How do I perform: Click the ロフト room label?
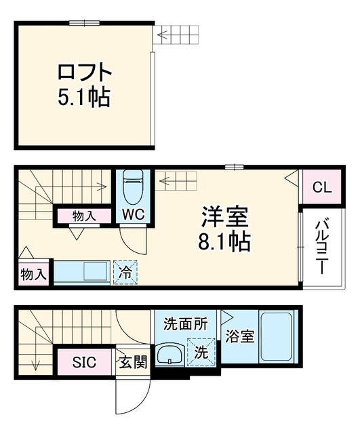(x=84, y=72)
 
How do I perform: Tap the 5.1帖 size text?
(x=84, y=98)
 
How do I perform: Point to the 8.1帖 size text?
(x=224, y=241)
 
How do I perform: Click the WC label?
(x=134, y=214)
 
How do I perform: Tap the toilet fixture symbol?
(x=133, y=187)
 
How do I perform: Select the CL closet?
(x=322, y=188)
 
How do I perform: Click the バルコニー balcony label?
(x=321, y=247)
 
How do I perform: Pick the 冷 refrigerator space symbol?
(x=125, y=272)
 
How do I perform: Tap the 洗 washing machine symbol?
(x=201, y=352)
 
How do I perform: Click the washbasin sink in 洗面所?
(x=169, y=355)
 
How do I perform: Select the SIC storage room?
(x=84, y=361)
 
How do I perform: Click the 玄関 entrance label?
(x=133, y=361)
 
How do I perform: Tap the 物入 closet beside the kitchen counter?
(x=33, y=274)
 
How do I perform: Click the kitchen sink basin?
(x=95, y=271)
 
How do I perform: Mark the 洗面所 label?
(x=186, y=324)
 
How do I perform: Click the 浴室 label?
(x=239, y=336)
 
